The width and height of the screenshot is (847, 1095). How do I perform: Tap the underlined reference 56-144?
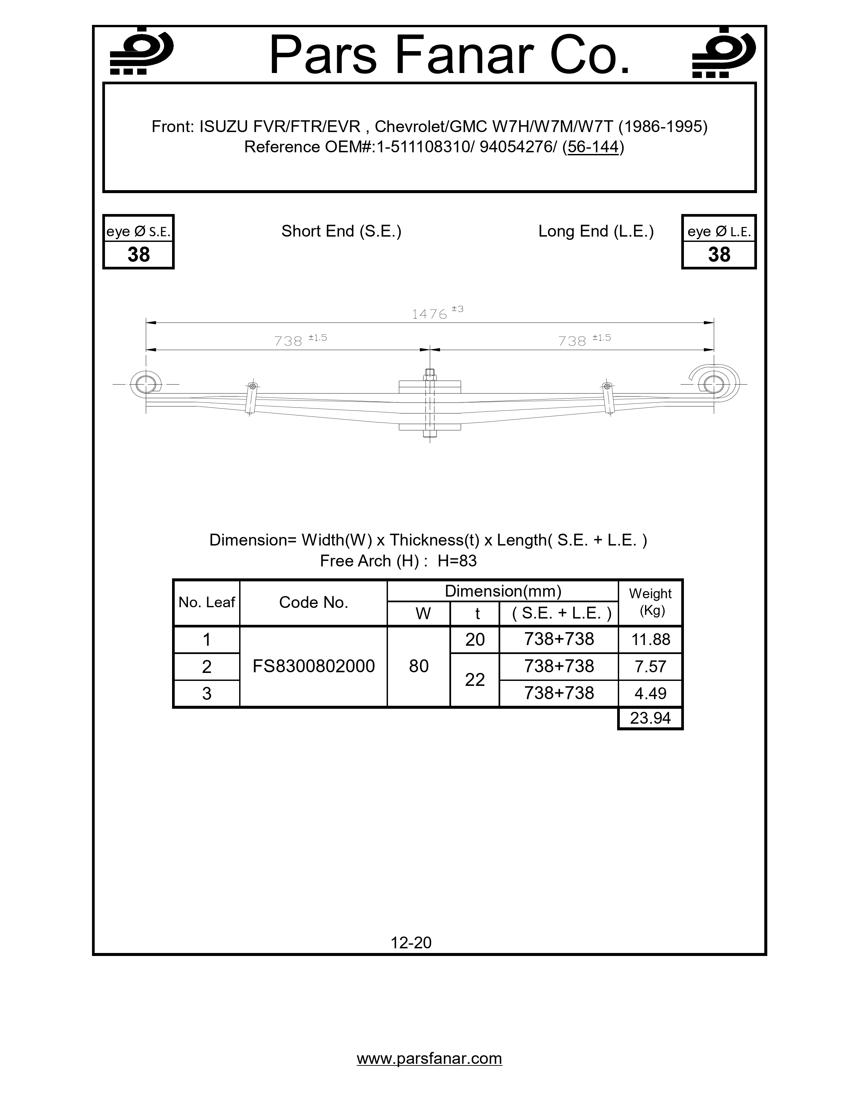coord(593,147)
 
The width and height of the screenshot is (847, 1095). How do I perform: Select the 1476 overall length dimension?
coord(429,314)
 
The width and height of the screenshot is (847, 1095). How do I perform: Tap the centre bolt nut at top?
coord(429,374)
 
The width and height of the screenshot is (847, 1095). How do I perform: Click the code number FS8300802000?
coord(314,666)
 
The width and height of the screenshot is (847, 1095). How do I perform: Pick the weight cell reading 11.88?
coord(651,640)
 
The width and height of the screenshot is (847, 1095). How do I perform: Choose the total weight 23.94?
coord(650,718)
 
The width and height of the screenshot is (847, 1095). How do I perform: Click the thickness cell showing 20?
coord(475,640)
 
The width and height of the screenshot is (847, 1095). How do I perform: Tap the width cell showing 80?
coord(419,666)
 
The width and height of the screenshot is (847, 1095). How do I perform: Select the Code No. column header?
coord(314,603)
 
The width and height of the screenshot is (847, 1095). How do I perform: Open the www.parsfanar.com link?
coord(429,1058)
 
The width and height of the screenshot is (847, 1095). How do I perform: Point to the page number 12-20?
coord(411,943)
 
